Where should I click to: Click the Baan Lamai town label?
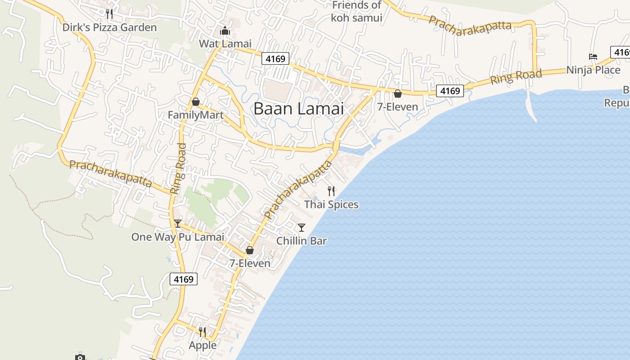coord(298,109)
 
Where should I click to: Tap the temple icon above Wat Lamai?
coord(225,31)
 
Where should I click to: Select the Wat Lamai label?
coord(225,44)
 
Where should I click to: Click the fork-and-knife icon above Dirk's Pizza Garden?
coord(109,14)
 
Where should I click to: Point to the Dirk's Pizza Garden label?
coord(109,27)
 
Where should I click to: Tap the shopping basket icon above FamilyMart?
coord(195,102)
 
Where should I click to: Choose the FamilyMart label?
coord(196,115)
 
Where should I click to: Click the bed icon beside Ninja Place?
coord(593,57)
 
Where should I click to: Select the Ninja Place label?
coord(593,70)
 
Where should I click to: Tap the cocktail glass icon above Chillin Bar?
coord(301,227)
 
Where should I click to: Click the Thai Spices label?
coord(331,205)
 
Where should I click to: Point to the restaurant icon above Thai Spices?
coord(331,191)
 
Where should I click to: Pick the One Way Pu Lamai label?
coord(177,237)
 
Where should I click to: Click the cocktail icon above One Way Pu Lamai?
coord(178,224)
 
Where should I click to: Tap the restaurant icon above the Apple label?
coord(202,332)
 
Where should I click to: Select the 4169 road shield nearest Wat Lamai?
coord(275,59)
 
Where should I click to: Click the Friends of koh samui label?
coord(356,12)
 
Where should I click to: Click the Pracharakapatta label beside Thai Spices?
coord(298,190)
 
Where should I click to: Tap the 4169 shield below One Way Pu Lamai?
coord(184,279)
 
